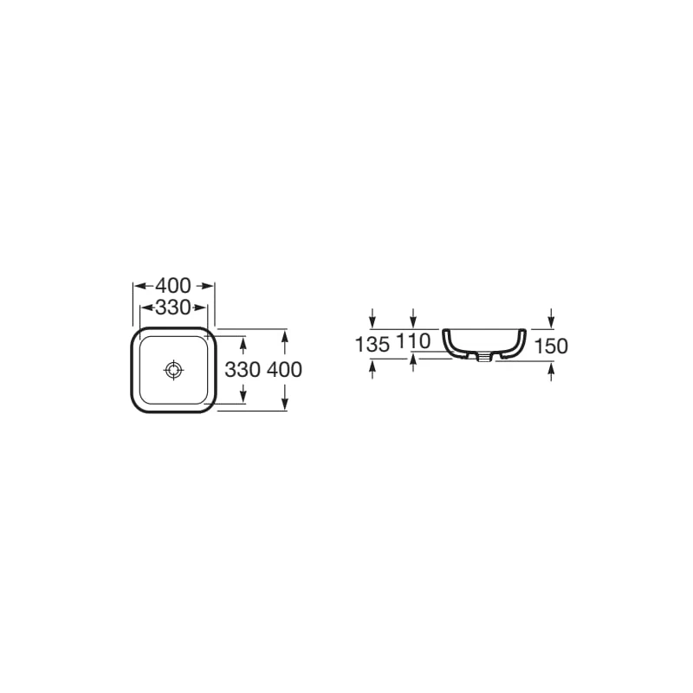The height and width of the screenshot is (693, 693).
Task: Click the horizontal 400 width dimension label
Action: pos(173,286)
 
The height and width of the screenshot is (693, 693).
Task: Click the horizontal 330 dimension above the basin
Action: pos(173,308)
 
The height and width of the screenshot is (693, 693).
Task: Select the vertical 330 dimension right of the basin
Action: pos(243,370)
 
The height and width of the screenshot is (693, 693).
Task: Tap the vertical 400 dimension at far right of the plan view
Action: pos(285,370)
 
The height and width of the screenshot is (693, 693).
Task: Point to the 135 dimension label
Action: pos(372,344)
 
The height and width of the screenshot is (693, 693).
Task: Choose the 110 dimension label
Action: pos(413,341)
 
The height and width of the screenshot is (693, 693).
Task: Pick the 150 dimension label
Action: pos(551,346)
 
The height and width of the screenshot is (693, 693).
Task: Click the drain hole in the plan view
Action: pos(173,370)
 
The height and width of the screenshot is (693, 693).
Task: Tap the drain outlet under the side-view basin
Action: pos(484,357)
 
